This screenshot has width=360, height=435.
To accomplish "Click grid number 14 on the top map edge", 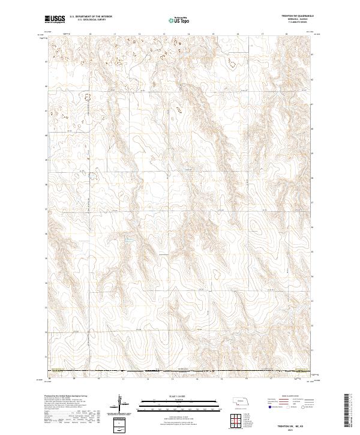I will tap(188, 34).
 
